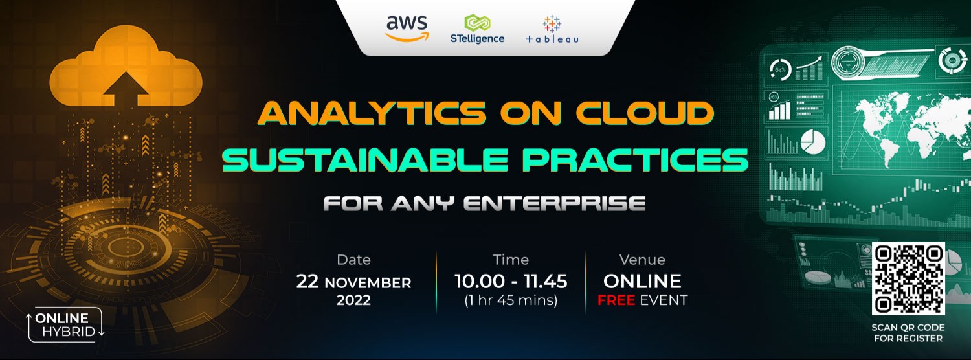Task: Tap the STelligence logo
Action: [477, 30]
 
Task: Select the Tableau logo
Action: [552, 30]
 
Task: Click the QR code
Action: [908, 278]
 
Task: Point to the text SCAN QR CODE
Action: [908, 327]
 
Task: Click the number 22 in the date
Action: [308, 282]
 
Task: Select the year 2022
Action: [353, 300]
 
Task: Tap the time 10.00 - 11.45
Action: [511, 282]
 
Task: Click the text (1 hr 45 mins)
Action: [511, 300]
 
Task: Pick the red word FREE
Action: [617, 300]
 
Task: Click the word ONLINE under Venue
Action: [642, 281]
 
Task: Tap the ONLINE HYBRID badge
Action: [65, 325]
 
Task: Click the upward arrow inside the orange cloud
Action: [125, 87]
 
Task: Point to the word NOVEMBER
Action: [368, 283]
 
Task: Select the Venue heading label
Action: [642, 260]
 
